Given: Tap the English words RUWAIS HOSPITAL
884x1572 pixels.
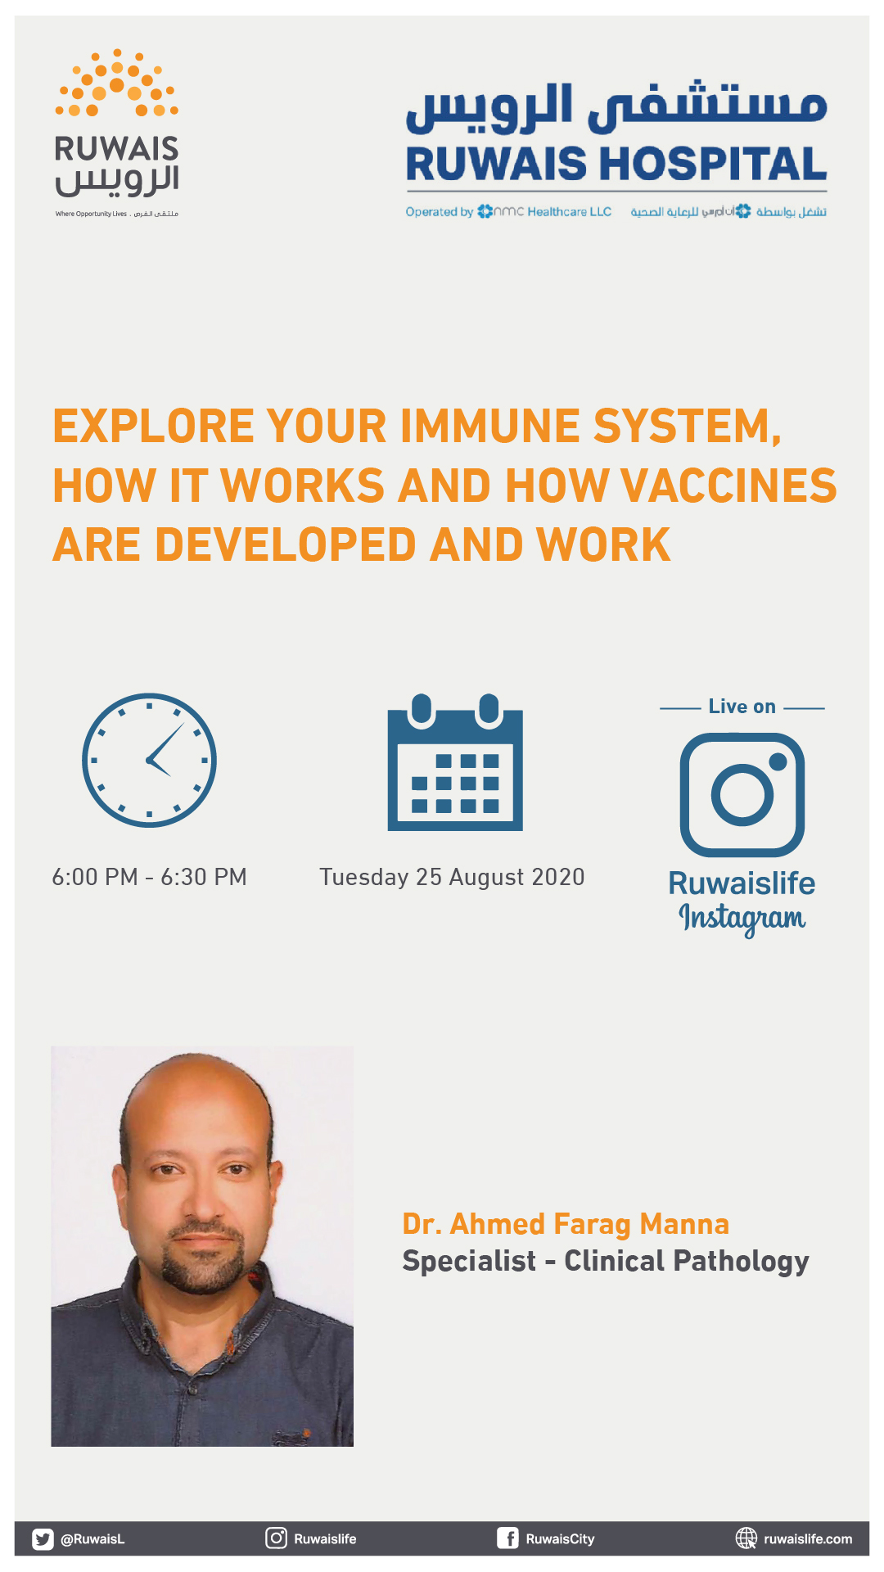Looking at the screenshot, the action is pyautogui.click(x=616, y=164).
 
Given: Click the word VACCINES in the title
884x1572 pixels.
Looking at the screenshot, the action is pyautogui.click(x=728, y=486).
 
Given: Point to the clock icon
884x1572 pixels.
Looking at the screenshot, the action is pyautogui.click(x=149, y=761).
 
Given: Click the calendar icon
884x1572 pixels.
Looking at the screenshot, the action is pyautogui.click(x=455, y=762).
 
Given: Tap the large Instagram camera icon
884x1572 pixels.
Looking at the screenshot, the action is pyautogui.click(x=742, y=794).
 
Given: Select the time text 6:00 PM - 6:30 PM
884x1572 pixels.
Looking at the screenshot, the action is pyautogui.click(x=149, y=877).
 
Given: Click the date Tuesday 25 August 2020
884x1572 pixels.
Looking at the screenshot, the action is pyautogui.click(x=452, y=878).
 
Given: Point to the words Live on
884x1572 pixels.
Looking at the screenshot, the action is pyautogui.click(x=742, y=707).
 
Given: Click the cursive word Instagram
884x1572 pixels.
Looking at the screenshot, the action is pyautogui.click(x=742, y=919).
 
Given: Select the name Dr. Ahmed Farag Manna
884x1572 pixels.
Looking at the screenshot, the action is pyautogui.click(x=566, y=1224).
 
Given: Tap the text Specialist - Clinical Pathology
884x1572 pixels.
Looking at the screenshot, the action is pyautogui.click(x=606, y=1262).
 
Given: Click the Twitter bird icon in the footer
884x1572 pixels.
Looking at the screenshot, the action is pyautogui.click(x=43, y=1539).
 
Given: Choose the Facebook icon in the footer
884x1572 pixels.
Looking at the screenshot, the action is pyautogui.click(x=507, y=1538).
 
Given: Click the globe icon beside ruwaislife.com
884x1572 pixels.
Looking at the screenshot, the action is pyautogui.click(x=746, y=1538).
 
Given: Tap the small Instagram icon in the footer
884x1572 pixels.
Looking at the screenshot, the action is pyautogui.click(x=277, y=1538).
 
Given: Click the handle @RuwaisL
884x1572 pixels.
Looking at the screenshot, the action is pyautogui.click(x=92, y=1539).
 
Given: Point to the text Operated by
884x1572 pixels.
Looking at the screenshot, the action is pyautogui.click(x=440, y=212).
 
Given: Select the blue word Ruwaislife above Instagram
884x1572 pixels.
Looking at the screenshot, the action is pyautogui.click(x=742, y=883).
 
